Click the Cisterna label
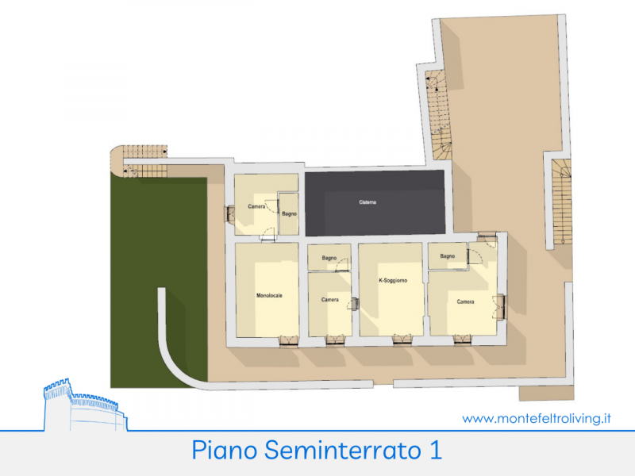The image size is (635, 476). [368, 202]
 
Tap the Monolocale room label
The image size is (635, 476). [269, 295]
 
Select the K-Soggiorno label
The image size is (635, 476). [393, 280]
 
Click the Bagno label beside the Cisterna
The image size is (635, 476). [289, 213]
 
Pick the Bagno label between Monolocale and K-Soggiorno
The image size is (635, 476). [329, 258]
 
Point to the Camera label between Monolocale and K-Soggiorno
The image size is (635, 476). [329, 300]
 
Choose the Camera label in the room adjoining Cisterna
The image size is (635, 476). [256, 206]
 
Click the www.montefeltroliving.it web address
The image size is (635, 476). [537, 419]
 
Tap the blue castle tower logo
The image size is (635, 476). [84, 405]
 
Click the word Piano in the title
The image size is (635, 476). [225, 450]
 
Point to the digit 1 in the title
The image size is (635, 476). [436, 450]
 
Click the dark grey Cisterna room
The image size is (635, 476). [375, 203]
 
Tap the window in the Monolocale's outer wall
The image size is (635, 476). [289, 342]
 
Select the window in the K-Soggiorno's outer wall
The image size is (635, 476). [402, 341]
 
